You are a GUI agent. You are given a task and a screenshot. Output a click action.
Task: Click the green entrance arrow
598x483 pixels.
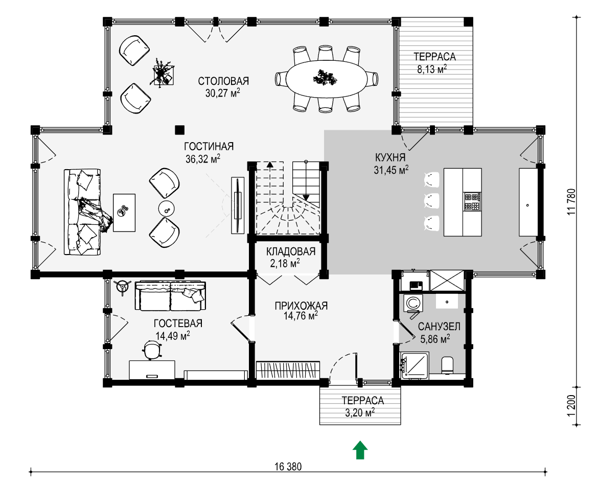(x=360, y=450)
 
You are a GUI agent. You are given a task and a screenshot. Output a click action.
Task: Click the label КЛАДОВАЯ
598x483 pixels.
(x=291, y=252)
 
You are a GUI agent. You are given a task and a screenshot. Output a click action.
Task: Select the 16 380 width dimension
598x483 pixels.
(x=288, y=467)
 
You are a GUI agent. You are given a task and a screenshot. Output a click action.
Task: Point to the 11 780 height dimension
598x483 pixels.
(x=571, y=201)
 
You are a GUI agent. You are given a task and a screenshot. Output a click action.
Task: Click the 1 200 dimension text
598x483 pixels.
(x=571, y=405)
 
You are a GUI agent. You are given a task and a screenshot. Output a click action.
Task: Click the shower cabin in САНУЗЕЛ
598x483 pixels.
(x=415, y=365)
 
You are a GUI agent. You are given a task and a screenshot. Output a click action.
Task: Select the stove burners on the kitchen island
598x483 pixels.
(x=472, y=202)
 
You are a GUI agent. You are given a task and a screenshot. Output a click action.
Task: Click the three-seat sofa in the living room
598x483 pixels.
(x=82, y=212)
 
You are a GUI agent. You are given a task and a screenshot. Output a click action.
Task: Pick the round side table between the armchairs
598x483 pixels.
(x=167, y=208)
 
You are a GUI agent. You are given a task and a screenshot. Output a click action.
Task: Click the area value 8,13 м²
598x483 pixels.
(x=432, y=70)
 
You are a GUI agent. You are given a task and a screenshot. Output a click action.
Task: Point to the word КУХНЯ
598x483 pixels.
(x=390, y=157)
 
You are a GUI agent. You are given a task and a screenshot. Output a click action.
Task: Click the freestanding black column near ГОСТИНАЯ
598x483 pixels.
(x=179, y=130)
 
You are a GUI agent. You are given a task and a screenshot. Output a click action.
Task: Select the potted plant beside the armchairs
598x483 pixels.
(x=163, y=73)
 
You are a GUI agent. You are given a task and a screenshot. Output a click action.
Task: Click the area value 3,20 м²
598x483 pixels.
(x=360, y=412)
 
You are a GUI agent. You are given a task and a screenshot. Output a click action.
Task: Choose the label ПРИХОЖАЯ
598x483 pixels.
(x=301, y=306)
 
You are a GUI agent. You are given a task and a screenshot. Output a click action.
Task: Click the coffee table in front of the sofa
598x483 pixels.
(x=124, y=213)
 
